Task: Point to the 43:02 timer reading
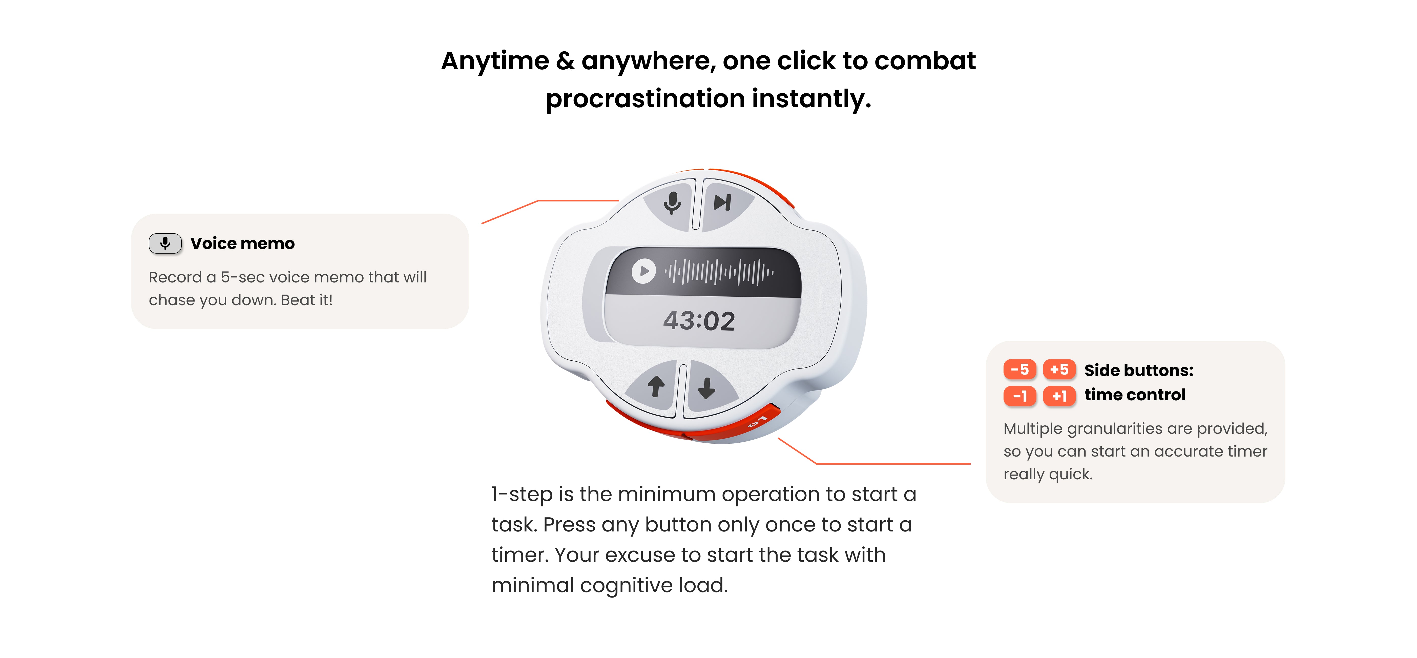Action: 699,321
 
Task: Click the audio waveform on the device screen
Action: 719,271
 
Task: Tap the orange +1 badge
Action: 1059,396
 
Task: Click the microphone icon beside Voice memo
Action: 165,243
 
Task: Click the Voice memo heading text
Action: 243,243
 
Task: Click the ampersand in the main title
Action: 565,60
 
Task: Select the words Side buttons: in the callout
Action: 1139,370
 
